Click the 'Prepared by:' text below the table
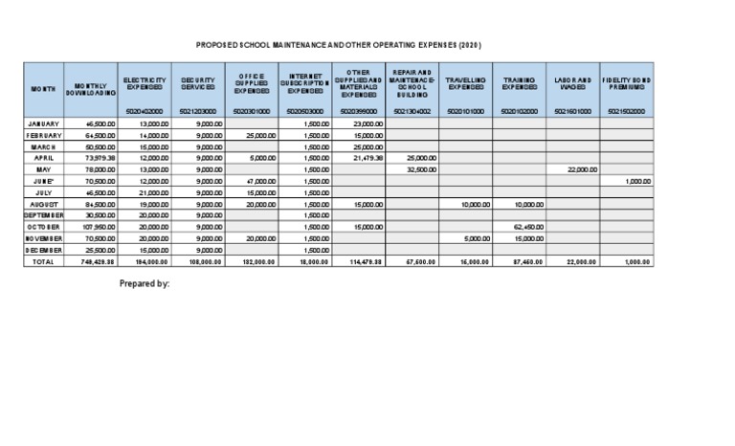pos(145,283)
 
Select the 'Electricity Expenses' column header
pos(145,83)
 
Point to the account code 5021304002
pos(412,111)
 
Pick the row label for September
pos(43,215)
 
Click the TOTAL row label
pos(43,260)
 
